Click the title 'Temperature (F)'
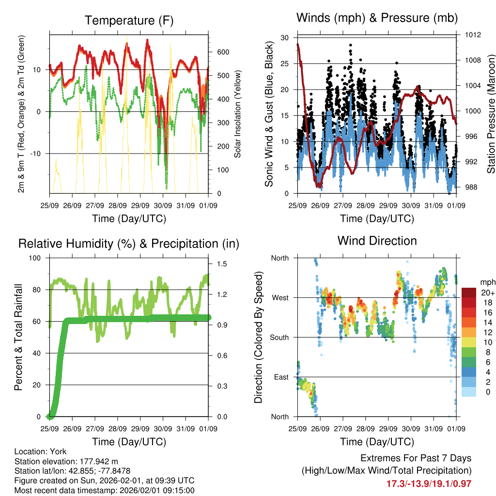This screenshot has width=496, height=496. point(129,21)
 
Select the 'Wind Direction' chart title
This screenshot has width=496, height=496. point(377,241)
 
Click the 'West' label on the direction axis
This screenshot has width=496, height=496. point(280,297)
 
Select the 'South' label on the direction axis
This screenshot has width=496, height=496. point(279,337)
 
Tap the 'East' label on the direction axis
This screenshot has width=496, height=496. point(281,377)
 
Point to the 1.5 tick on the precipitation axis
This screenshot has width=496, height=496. point(222,264)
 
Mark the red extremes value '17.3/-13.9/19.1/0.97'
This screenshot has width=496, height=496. point(429,483)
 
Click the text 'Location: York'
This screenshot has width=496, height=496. point(40,451)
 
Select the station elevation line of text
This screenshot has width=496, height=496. point(66,461)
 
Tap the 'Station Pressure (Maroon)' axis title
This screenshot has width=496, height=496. point(490,113)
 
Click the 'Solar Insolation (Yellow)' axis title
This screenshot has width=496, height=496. point(238,114)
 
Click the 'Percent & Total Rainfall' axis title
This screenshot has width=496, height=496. point(18,337)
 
